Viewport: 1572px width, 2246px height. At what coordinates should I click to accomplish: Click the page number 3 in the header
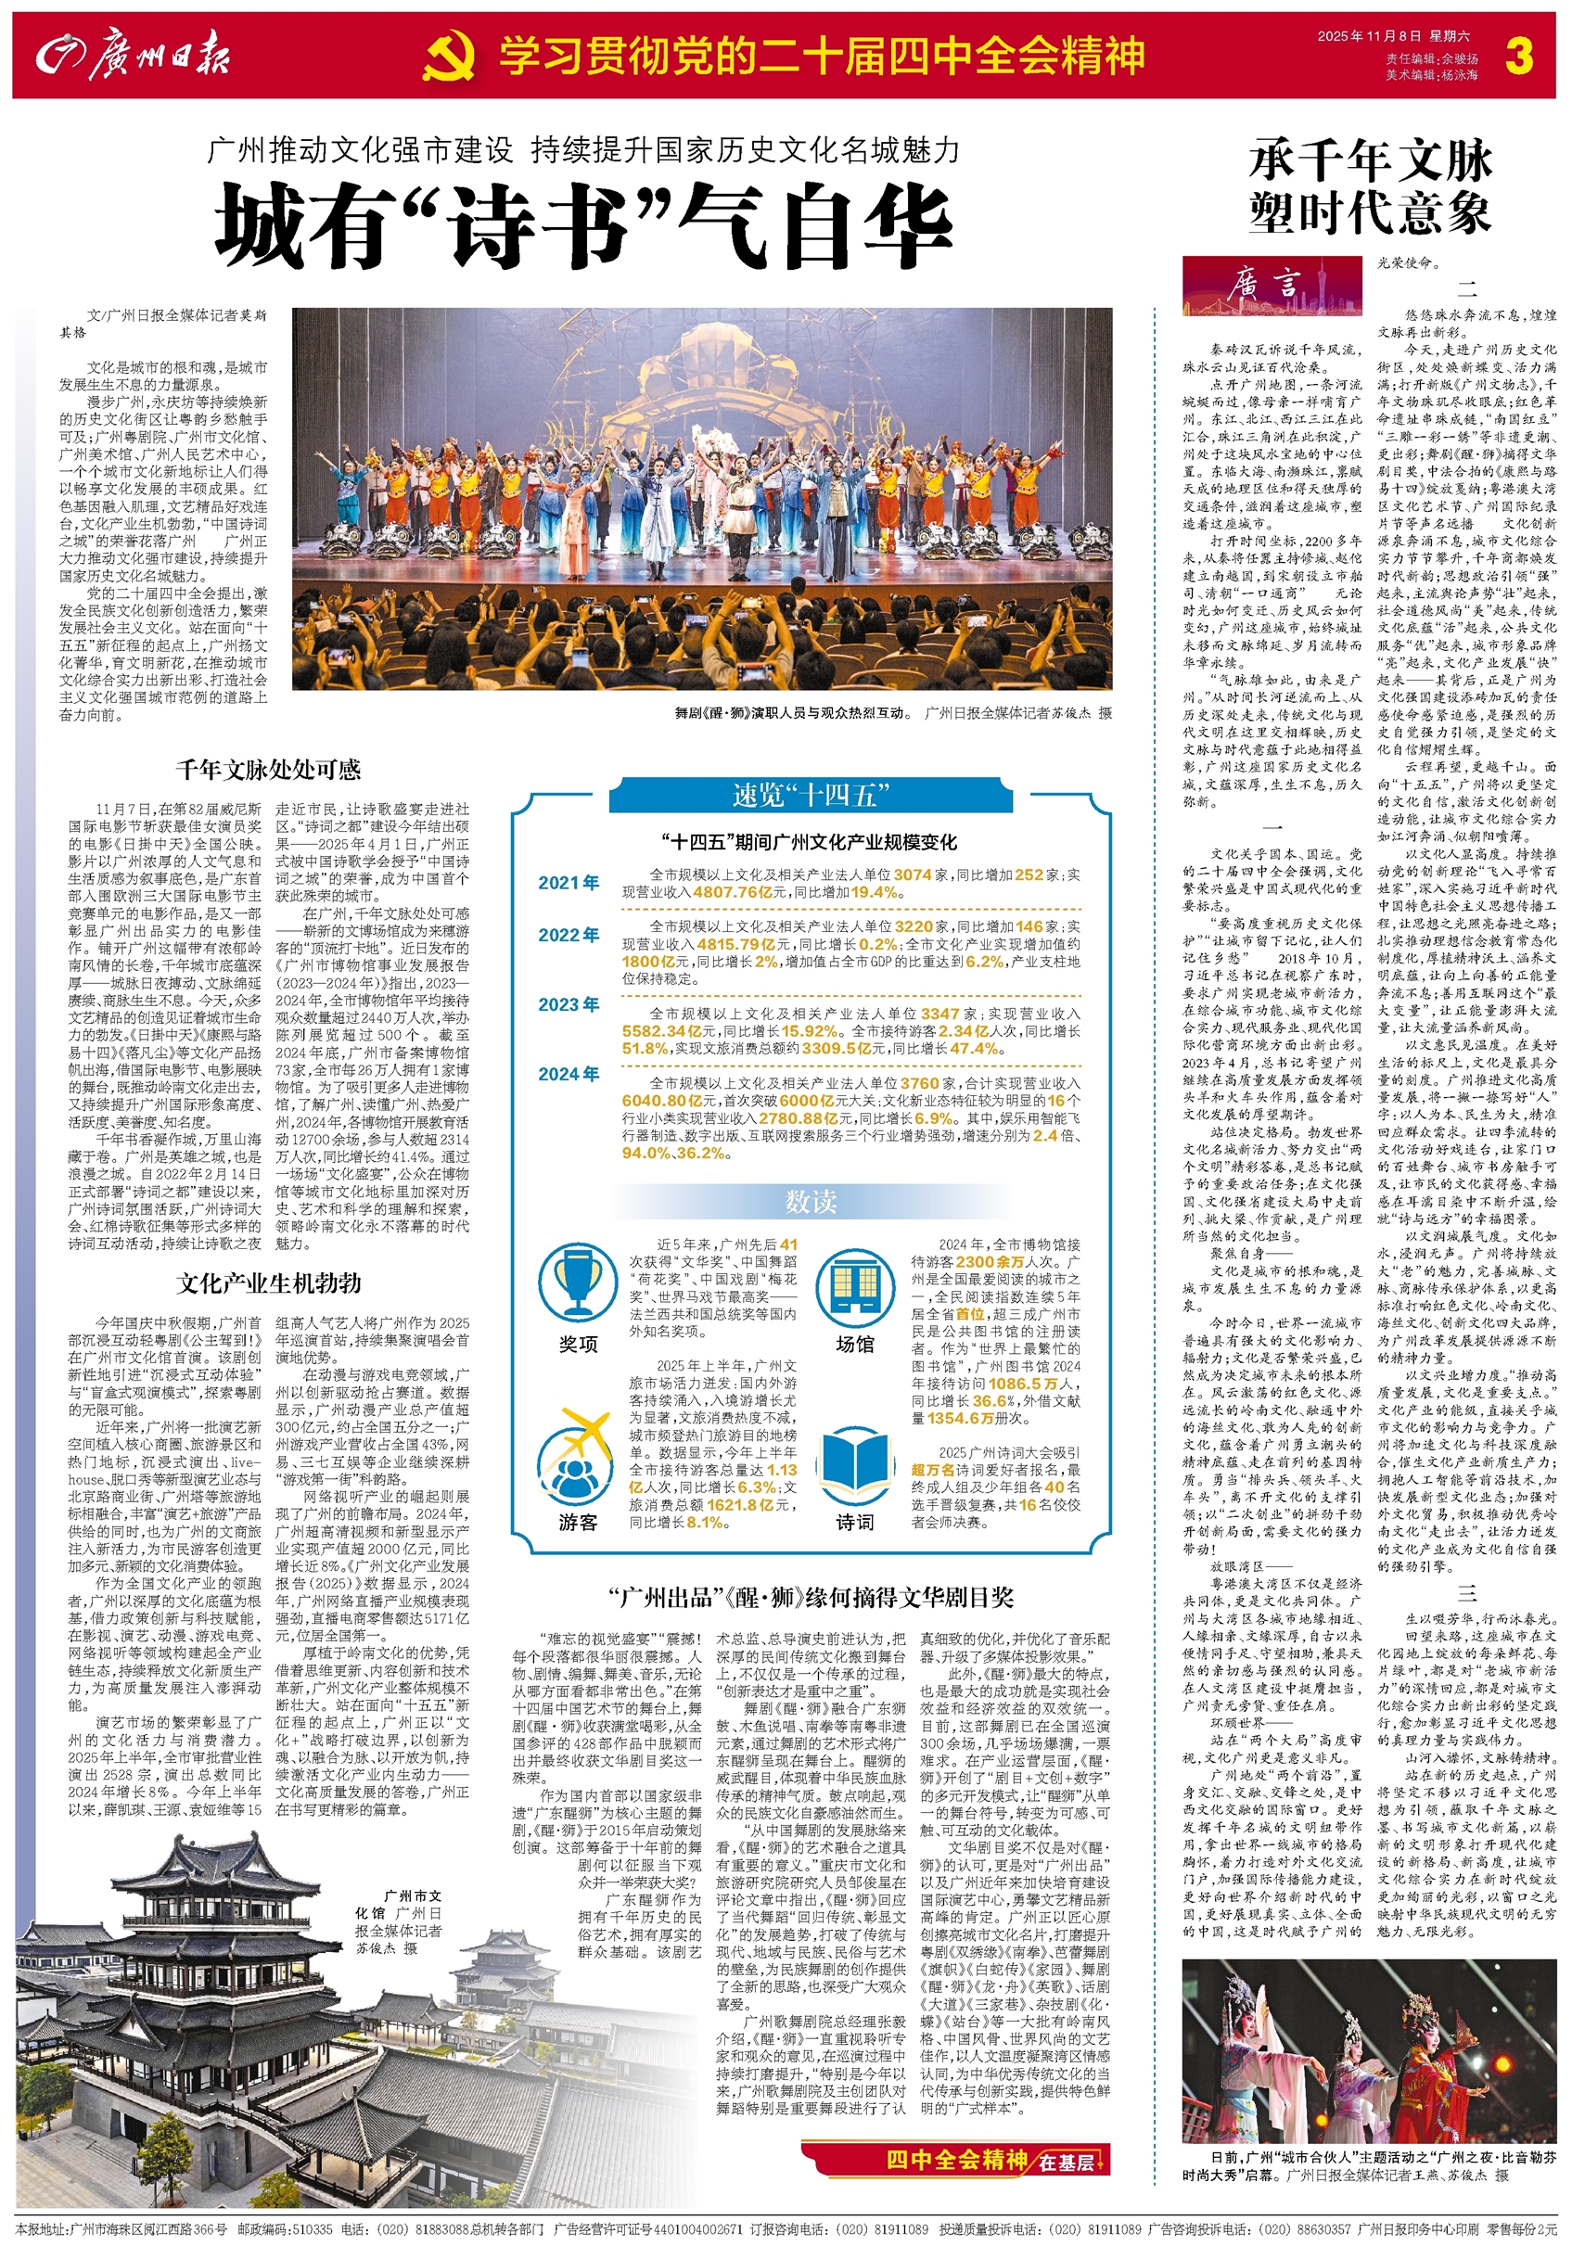point(1518,56)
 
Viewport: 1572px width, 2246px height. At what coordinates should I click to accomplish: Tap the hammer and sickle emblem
point(449,57)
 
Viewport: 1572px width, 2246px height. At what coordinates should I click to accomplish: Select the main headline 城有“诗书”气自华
point(584,227)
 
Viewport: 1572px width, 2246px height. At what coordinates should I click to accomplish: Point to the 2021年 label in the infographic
point(569,883)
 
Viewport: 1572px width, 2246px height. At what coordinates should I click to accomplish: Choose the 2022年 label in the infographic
point(569,934)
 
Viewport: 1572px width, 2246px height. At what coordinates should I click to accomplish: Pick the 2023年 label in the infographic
point(569,1004)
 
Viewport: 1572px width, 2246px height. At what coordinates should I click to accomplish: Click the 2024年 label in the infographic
point(569,1073)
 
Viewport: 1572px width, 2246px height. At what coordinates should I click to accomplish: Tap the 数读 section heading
point(811,1201)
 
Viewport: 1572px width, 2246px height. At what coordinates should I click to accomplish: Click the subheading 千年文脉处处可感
point(268,770)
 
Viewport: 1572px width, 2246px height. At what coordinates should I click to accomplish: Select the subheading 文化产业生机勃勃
point(268,1283)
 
